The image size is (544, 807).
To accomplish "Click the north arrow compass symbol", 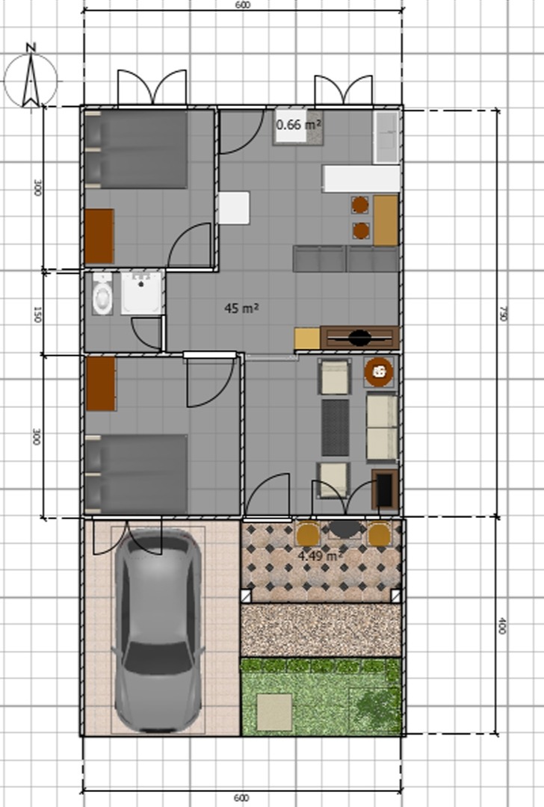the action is click(31, 77).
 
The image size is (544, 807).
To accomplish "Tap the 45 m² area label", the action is click(241, 309).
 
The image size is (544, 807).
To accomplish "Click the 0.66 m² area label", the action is click(298, 125).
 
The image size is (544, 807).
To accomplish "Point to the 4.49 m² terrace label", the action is click(320, 556).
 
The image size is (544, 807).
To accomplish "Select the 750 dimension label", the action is click(504, 313).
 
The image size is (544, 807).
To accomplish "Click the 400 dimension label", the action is click(502, 625).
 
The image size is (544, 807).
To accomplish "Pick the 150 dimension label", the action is click(37, 314).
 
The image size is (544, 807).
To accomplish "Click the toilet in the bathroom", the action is click(102, 294).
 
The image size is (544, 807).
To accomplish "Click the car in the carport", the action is click(158, 631).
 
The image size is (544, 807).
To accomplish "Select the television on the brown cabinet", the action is click(359, 338).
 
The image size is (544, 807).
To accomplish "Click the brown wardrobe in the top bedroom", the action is click(99, 236).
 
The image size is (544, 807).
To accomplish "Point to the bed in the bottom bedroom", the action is click(136, 474).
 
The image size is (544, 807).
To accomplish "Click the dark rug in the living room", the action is click(335, 427).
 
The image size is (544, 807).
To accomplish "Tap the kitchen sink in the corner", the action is click(386, 137).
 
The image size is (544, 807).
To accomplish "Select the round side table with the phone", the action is click(379, 371).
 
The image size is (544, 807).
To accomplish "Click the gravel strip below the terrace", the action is click(321, 630).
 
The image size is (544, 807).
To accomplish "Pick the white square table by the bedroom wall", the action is click(234, 208).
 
